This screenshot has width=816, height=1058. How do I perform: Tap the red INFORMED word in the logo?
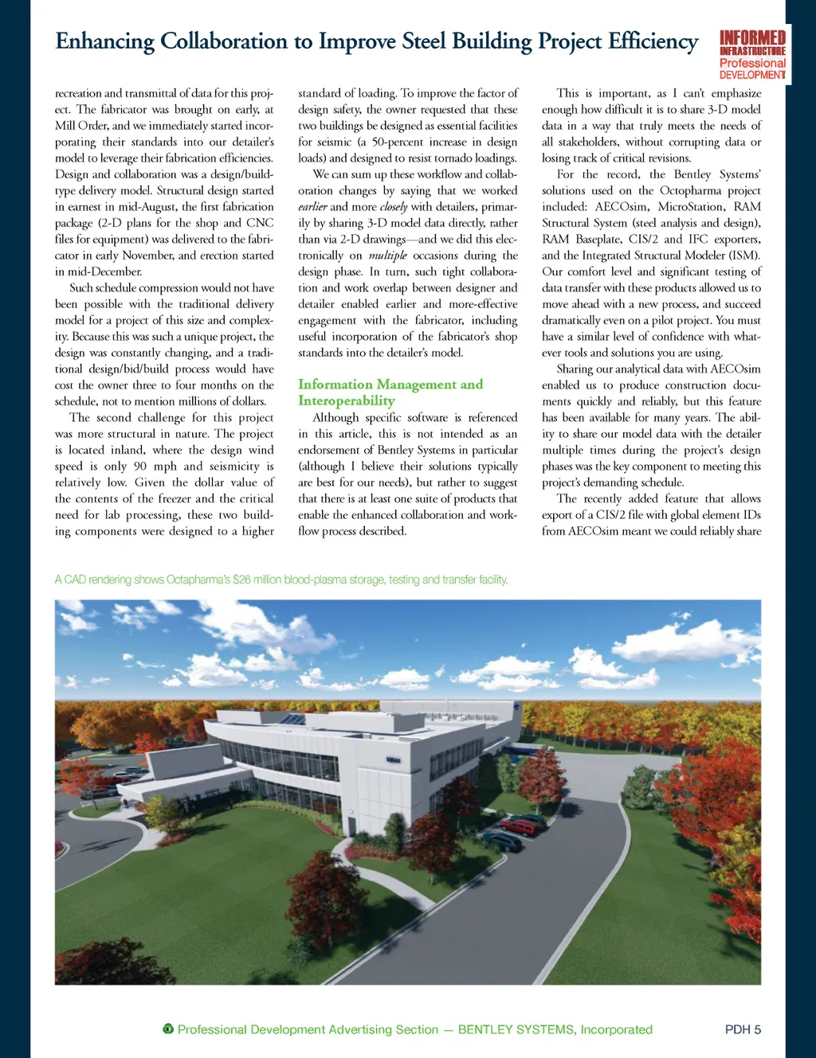[x=752, y=37]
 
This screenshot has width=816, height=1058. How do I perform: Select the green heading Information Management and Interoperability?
[x=390, y=392]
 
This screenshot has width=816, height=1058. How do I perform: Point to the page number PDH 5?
[x=743, y=1029]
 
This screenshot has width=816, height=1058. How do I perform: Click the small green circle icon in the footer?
[x=168, y=1029]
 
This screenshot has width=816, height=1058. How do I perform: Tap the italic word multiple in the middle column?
[x=387, y=256]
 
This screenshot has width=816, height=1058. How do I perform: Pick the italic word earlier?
[x=312, y=207]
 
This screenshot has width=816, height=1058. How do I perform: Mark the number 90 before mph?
[x=139, y=467]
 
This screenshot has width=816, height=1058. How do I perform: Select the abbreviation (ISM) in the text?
[x=743, y=256]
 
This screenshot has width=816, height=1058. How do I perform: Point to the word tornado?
[x=452, y=158]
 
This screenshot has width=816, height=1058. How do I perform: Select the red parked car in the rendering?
[x=522, y=826]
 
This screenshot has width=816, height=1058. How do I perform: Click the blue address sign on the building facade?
[x=393, y=761]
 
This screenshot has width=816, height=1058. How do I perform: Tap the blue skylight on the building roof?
[x=294, y=719]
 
